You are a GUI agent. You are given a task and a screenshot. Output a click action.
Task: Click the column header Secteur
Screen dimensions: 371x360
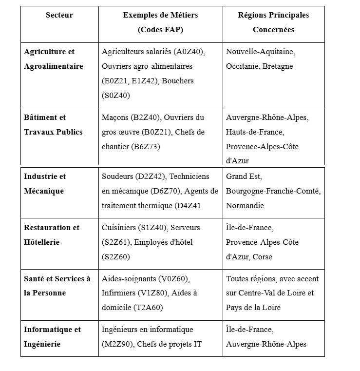(59, 15)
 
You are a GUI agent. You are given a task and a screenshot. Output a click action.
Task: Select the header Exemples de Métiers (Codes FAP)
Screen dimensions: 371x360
(160, 22)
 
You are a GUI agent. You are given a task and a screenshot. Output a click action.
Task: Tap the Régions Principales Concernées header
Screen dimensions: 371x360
(273, 22)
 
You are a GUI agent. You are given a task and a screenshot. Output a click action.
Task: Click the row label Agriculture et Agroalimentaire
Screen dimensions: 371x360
(53, 59)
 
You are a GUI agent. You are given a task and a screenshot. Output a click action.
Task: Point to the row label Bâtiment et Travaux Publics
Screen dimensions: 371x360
(53, 125)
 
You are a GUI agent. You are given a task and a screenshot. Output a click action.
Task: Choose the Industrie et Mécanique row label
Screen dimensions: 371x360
(45, 184)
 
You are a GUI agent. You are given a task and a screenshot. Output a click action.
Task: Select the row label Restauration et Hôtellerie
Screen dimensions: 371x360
(51, 235)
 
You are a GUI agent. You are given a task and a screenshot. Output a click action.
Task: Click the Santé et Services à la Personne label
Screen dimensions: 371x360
(57, 286)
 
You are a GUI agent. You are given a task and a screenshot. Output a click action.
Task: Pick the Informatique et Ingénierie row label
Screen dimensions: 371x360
(52, 337)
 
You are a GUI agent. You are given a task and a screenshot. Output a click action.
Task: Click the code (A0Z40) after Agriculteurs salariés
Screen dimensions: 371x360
(189, 52)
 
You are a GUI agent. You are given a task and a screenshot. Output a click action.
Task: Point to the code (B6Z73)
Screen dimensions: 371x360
(146, 147)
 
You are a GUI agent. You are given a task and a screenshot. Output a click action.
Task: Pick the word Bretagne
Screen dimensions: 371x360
(278, 66)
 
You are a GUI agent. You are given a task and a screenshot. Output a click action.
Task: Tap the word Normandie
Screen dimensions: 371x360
(245, 206)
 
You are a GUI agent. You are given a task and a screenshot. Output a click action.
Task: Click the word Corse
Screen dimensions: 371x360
(263, 257)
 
